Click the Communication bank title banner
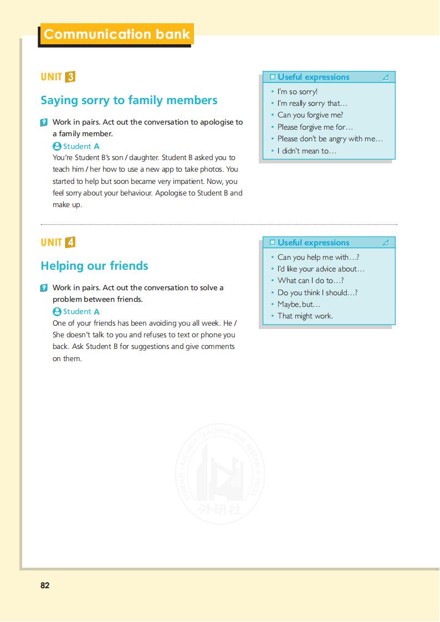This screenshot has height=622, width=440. (x=116, y=34)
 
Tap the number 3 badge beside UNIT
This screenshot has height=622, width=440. (x=70, y=77)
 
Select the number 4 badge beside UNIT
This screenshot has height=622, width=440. (x=70, y=243)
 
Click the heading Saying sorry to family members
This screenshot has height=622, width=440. (x=129, y=100)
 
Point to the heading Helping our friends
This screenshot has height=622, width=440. (x=94, y=266)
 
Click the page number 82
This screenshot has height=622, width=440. (x=45, y=585)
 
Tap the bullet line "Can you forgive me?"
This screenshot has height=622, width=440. (x=310, y=115)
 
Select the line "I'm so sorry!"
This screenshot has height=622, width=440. (x=297, y=92)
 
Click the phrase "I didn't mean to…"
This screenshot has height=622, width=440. (x=306, y=151)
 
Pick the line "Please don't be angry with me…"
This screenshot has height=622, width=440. (x=330, y=139)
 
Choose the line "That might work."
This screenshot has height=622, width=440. (x=305, y=316)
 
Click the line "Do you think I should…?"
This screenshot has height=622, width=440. (x=317, y=292)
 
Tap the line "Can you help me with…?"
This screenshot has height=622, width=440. (x=318, y=257)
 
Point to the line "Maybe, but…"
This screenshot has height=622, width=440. (x=299, y=304)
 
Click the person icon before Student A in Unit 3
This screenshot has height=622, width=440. (x=57, y=146)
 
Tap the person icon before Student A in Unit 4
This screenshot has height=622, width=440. (x=57, y=311)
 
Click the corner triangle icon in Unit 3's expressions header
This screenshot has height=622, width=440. (x=386, y=77)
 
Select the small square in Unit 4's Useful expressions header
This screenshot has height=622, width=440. (x=272, y=243)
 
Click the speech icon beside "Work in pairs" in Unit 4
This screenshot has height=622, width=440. (x=44, y=288)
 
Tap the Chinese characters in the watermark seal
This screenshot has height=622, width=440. (x=220, y=508)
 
